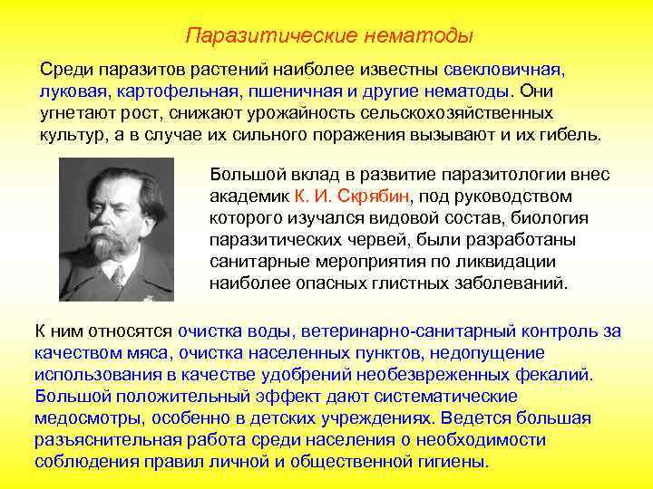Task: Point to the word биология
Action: pyautogui.click(x=554, y=217)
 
